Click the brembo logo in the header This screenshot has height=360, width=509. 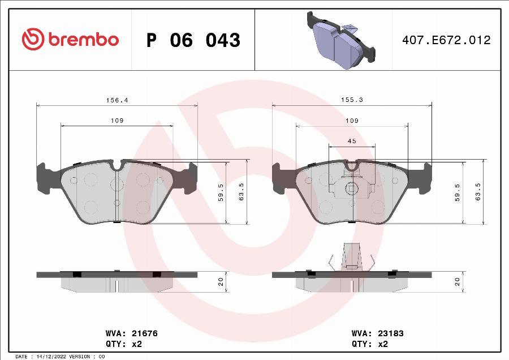[70, 40]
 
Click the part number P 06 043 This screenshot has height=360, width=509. [193, 40]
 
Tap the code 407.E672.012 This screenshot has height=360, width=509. [446, 40]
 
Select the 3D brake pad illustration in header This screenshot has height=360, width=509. [341, 39]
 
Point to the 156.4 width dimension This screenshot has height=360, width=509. [118, 100]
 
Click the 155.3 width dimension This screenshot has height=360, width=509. [352, 100]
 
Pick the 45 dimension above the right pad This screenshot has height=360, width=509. [352, 141]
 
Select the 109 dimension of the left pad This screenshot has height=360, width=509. [117, 121]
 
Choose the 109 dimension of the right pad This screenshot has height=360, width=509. [352, 121]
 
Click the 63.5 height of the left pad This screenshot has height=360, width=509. [242, 192]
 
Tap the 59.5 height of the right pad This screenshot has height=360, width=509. [458, 192]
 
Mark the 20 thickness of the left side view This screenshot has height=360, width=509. [221, 281]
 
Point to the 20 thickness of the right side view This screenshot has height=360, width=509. [458, 281]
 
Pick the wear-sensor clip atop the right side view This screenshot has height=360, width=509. [352, 256]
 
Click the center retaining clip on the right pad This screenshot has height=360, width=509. [351, 188]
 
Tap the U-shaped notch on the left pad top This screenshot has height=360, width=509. [118, 165]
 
